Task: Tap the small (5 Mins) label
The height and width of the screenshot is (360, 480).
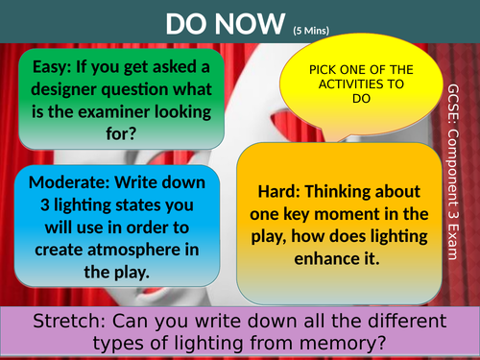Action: click(311, 31)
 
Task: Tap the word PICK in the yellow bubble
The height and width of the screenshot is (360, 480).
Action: click(323, 70)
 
